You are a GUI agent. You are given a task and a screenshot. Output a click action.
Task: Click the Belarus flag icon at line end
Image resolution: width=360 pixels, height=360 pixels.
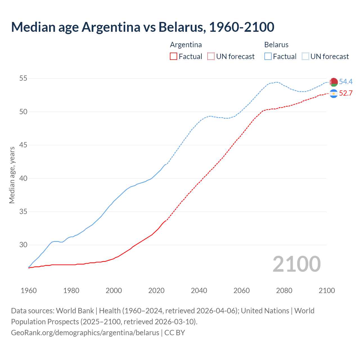(334, 82)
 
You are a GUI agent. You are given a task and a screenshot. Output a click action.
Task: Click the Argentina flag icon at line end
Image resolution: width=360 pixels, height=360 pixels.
(334, 93)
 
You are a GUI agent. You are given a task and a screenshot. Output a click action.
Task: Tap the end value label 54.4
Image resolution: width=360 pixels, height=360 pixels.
(346, 82)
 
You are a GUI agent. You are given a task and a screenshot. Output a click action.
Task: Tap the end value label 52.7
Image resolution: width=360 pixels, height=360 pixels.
(346, 93)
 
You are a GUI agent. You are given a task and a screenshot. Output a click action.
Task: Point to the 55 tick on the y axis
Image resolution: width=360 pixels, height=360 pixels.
(23, 78)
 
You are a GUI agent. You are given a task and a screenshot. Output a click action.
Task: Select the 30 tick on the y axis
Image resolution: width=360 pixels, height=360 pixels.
(23, 245)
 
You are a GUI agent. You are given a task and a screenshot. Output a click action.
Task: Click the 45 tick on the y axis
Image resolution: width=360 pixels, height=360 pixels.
(23, 145)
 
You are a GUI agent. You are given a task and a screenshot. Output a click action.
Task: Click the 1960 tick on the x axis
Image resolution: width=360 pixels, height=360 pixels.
(29, 291)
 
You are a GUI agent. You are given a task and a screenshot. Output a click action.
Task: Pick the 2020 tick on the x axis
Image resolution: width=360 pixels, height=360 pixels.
(156, 291)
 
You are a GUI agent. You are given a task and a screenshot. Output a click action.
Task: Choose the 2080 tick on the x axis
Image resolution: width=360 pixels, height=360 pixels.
(284, 291)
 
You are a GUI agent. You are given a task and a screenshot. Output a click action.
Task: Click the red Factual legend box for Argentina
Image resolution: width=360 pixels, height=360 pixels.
(174, 57)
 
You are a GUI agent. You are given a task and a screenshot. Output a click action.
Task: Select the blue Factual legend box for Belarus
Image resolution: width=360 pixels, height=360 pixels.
(268, 57)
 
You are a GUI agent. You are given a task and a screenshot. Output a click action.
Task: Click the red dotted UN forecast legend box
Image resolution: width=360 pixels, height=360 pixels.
(211, 57)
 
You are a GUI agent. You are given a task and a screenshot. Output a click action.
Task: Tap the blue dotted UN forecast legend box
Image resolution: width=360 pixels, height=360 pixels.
(305, 57)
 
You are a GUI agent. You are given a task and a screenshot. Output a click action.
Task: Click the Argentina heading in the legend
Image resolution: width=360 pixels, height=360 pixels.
(186, 45)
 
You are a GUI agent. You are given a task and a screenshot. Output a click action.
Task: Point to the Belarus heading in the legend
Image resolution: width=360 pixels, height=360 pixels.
(276, 45)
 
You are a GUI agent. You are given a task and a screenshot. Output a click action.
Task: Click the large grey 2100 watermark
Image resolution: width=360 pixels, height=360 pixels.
(296, 264)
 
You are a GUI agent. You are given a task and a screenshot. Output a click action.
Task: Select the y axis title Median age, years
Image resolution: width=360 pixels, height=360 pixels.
(12, 175)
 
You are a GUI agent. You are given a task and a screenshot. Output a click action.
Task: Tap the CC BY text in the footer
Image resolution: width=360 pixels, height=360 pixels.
(175, 333)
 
